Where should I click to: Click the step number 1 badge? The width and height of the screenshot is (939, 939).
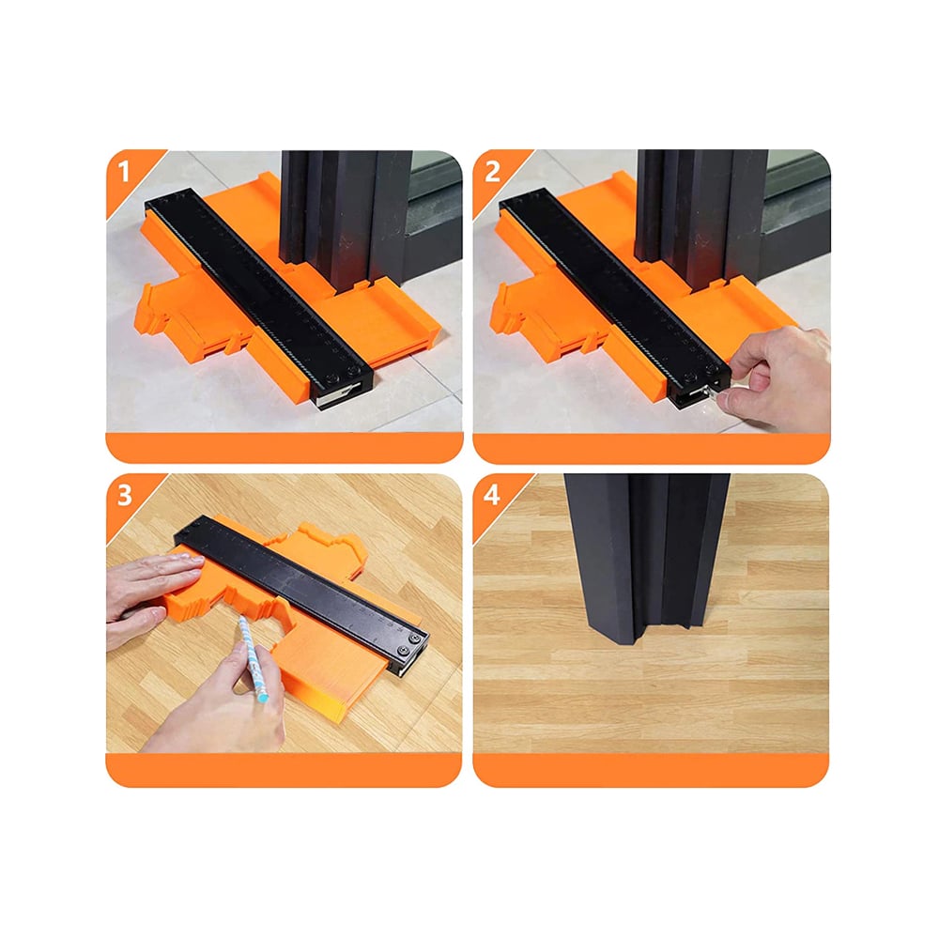pyautogui.click(x=124, y=172)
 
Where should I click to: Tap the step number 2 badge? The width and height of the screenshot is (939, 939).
pyautogui.click(x=492, y=172)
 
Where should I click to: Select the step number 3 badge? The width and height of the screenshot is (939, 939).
pyautogui.click(x=124, y=496)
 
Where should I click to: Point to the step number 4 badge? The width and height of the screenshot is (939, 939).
pyautogui.click(x=492, y=496)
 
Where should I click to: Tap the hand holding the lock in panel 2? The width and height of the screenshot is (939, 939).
pyautogui.click(x=778, y=377)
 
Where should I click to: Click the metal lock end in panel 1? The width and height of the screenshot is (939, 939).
pyautogui.click(x=338, y=396)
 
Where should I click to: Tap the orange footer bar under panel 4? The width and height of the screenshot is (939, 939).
pyautogui.click(x=651, y=770)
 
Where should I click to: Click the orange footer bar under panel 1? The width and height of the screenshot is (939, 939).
pyautogui.click(x=285, y=447)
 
